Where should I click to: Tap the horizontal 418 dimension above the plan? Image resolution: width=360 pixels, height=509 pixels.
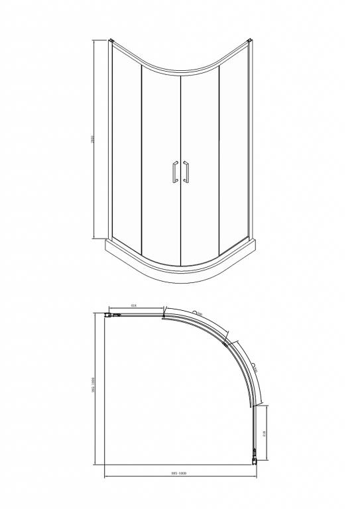pyautogui.click(x=133, y=306)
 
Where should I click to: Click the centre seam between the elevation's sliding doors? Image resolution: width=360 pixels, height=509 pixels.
pyautogui.click(x=181, y=166)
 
